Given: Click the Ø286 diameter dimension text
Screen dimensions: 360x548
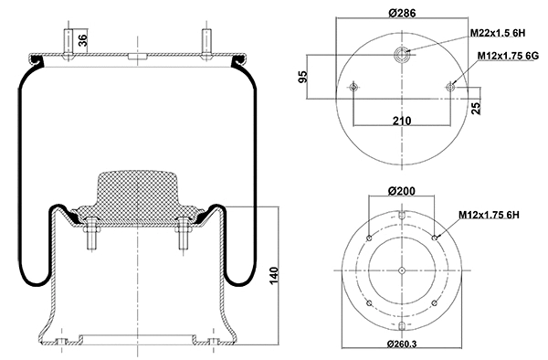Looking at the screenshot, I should pyautogui.click(x=402, y=13).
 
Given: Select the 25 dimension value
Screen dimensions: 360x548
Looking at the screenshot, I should pyautogui.click(x=474, y=109).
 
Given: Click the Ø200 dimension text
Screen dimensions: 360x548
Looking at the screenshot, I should pyautogui.click(x=402, y=190).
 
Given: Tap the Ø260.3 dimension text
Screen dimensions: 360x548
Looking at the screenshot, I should pyautogui.click(x=402, y=344).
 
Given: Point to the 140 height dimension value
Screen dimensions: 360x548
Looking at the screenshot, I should pyautogui.click(x=275, y=276).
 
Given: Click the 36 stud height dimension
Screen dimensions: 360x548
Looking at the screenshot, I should pyautogui.click(x=83, y=38).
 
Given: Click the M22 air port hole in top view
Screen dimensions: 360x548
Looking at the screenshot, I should pyautogui.click(x=402, y=55).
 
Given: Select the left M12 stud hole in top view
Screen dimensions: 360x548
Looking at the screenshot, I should pyautogui.click(x=353, y=87).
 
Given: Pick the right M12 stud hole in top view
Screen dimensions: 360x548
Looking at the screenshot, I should pyautogui.click(x=450, y=87).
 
